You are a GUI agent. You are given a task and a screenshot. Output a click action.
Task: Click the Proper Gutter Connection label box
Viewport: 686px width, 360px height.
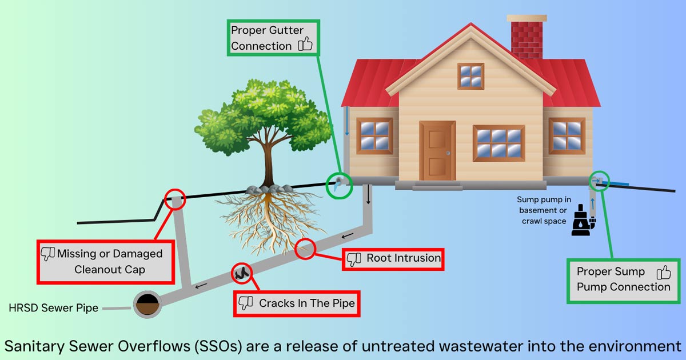273,38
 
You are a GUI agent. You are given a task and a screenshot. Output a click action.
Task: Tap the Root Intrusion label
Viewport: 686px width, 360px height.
393,259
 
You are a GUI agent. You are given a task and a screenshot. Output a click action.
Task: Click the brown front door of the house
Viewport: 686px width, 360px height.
437,150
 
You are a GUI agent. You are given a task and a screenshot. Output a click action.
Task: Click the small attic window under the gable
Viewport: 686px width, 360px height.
470,76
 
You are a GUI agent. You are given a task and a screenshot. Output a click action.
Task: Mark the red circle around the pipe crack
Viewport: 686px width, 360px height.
241,274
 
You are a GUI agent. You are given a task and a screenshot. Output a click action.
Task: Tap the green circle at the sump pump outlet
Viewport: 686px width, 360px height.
599,180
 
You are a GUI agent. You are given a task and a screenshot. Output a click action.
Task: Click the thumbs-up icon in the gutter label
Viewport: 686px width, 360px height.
305,44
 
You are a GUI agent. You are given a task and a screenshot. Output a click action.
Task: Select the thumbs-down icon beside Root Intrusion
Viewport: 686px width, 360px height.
354,259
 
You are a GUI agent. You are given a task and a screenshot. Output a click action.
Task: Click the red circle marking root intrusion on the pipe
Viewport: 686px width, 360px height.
306,249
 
